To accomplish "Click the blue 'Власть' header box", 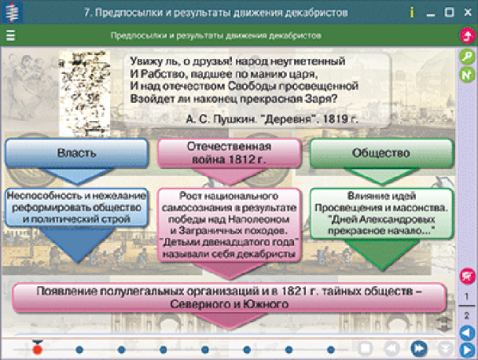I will click(77, 153).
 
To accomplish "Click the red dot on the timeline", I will click(37, 348).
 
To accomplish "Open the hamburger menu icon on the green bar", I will click(11, 36).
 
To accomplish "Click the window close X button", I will click(467, 13).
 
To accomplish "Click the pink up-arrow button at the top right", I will click(467, 36).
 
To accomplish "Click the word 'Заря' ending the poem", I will click(310, 100).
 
